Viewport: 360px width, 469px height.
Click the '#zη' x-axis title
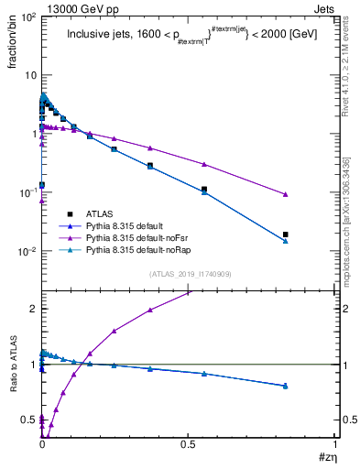pyautogui.click(x=325, y=457)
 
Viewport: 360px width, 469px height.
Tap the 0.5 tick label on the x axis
pyautogui.click(x=189, y=443)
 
